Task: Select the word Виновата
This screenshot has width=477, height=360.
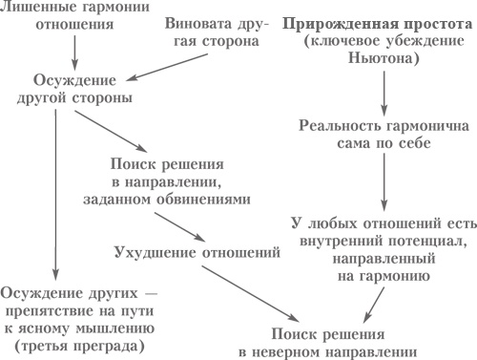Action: (x=193, y=21)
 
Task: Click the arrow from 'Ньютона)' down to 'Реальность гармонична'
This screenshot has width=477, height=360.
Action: (x=383, y=90)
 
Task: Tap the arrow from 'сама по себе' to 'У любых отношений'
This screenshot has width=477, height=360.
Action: (x=383, y=181)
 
